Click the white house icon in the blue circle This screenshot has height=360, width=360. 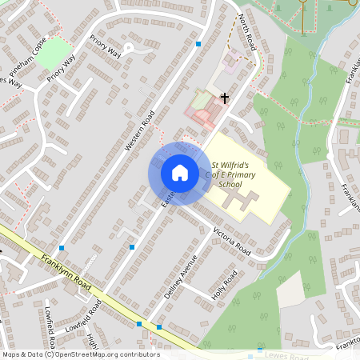[x=179, y=172]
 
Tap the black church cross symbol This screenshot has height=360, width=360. [x=224, y=99]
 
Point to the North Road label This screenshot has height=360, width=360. [x=246, y=29]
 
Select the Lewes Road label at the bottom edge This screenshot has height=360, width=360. [x=289, y=355]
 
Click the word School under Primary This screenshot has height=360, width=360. [x=230, y=185]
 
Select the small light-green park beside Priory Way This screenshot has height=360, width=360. [x=54, y=53]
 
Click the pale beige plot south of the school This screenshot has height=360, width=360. [x=290, y=288]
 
